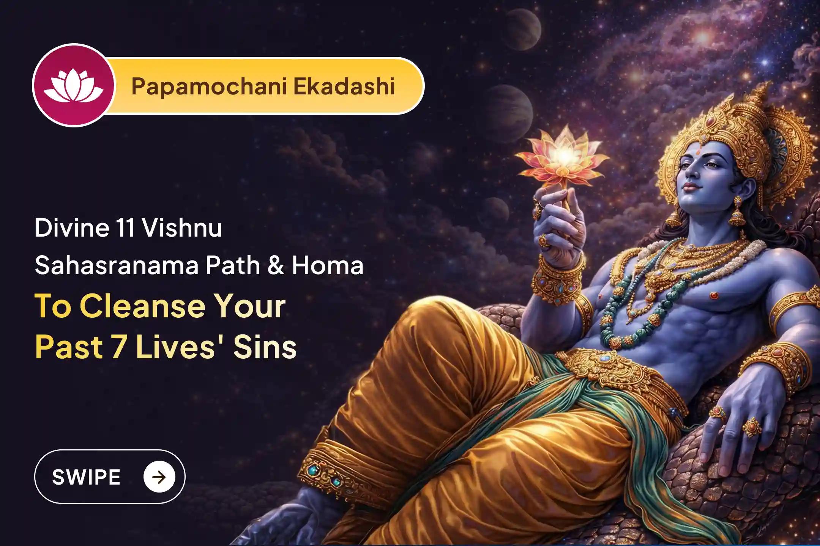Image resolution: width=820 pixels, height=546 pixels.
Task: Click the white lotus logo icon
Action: [x=73, y=86]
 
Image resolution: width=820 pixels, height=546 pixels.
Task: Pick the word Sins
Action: [x=265, y=347]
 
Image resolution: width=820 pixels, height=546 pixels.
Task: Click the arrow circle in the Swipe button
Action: [x=159, y=477]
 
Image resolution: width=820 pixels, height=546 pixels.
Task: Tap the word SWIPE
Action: [x=86, y=477]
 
